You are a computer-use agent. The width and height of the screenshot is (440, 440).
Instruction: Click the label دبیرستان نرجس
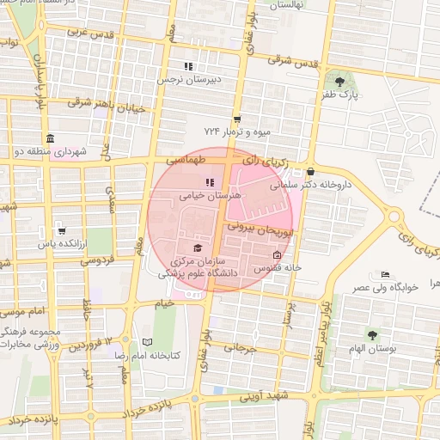pos(183,79)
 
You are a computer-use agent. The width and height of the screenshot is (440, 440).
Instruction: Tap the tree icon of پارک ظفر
pos(341,82)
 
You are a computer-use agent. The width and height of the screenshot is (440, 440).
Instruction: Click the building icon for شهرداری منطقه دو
pos(50,139)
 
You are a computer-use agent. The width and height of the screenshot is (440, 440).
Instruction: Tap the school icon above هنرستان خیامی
pos(209,182)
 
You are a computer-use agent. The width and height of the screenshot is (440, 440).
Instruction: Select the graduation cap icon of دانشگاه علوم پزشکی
pos(198,248)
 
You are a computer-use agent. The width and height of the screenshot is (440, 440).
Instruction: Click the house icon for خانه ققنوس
pos(276,255)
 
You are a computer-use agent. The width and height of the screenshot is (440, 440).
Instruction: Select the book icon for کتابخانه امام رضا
pos(146,342)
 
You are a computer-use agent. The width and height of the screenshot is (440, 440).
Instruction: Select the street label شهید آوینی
pos(260,397)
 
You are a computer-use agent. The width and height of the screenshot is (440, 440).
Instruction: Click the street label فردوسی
pos(99,257)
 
